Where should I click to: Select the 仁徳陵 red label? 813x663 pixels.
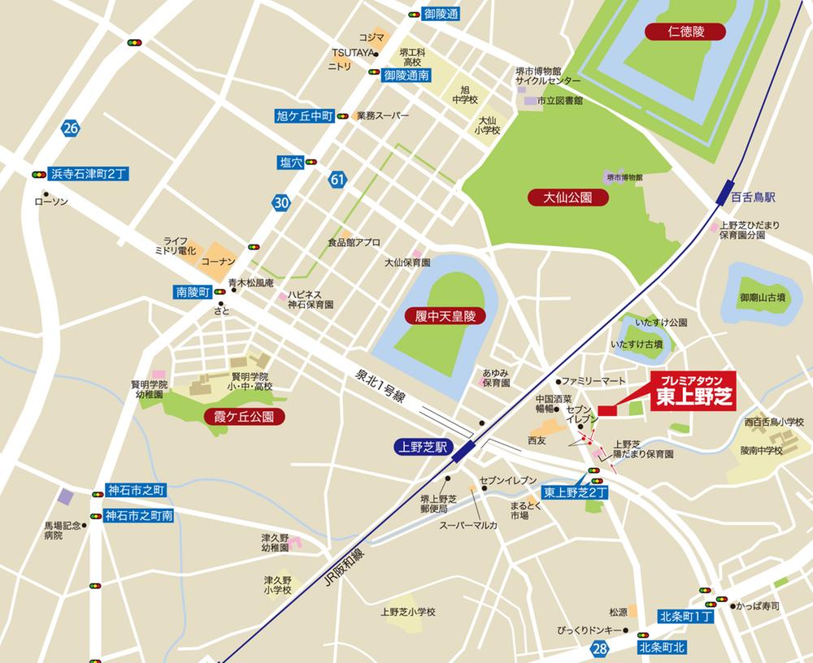pos(674,32)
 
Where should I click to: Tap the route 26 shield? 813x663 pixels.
pos(71,127)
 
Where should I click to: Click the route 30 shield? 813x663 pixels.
pos(280,203)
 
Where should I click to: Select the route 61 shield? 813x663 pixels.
pos(337,179)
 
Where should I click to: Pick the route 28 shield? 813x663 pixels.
pos(600,648)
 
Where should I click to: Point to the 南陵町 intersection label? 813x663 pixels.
pos(193,292)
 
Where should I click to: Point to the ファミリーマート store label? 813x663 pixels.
pos(592,380)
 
